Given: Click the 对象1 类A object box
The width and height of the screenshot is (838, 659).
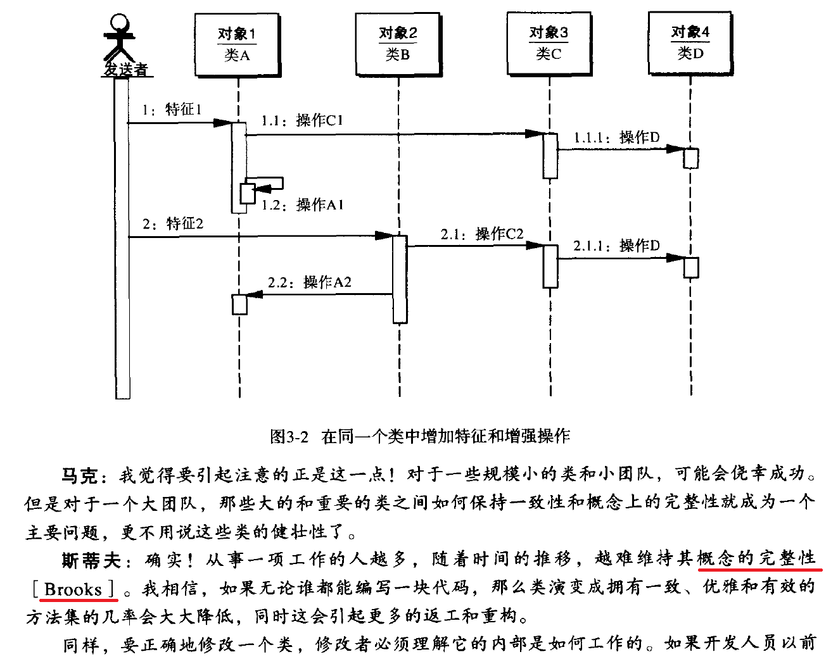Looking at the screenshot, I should (237, 45).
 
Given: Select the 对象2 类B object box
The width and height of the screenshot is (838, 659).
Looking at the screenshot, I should (398, 44).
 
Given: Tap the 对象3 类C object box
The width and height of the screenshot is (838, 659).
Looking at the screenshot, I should (549, 43).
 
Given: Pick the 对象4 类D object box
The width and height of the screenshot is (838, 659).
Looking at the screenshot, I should (690, 43).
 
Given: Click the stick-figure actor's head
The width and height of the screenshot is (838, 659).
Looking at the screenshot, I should (118, 22).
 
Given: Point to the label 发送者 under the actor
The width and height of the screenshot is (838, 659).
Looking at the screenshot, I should (125, 69).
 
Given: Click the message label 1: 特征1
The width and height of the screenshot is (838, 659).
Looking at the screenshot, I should (172, 110).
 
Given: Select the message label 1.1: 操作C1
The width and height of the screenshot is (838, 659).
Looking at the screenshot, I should (302, 120).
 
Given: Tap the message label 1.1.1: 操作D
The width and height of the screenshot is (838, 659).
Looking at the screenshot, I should (616, 137).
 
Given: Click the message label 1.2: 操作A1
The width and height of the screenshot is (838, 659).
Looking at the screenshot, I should (302, 204).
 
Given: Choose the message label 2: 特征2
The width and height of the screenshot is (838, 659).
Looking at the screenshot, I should (173, 223).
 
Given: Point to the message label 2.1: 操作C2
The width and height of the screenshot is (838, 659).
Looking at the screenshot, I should (482, 234).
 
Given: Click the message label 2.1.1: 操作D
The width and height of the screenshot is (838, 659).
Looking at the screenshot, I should (616, 246).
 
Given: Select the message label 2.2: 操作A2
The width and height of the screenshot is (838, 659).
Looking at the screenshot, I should (309, 282).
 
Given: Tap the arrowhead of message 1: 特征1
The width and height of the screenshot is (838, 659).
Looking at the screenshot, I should (222, 123).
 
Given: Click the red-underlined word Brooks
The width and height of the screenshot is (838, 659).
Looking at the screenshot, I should (73, 589).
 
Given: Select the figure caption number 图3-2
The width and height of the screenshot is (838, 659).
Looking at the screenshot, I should (289, 436).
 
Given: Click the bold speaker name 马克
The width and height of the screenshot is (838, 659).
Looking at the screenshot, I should (79, 475).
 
